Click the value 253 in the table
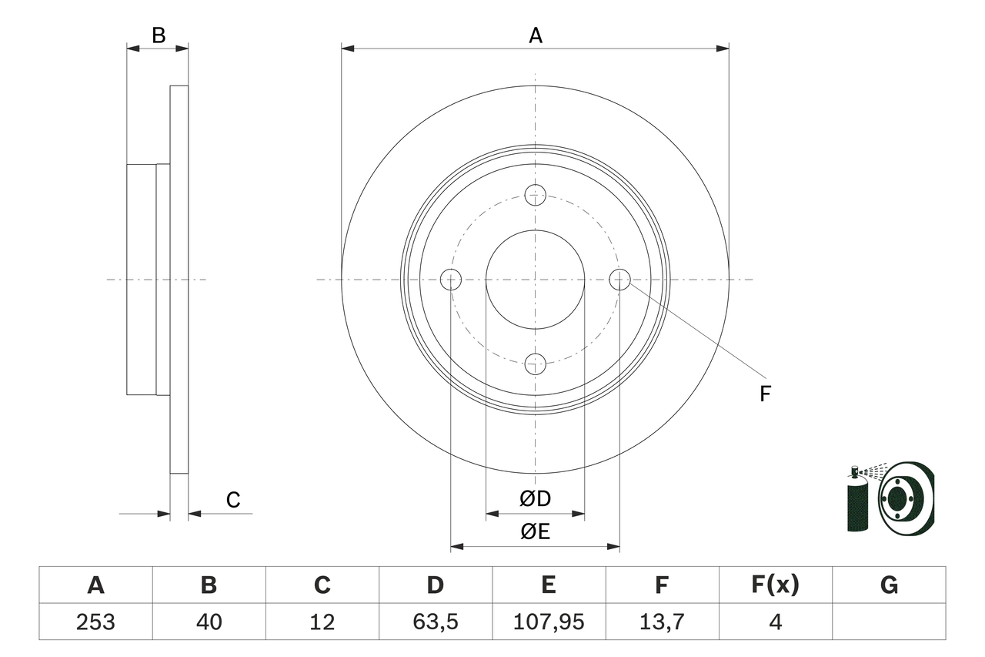(95, 622)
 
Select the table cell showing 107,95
(549, 622)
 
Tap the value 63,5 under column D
(436, 622)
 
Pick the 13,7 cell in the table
(662, 622)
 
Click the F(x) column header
(775, 585)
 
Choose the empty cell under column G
(889, 622)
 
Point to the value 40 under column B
(209, 622)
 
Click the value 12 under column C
(322, 622)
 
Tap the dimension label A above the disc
(536, 35)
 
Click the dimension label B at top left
(158, 35)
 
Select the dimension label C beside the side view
(233, 501)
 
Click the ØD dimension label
(536, 499)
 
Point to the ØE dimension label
(536, 532)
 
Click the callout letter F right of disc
(765, 394)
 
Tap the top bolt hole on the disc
(536, 195)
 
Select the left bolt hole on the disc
(451, 280)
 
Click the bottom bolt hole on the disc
(536, 364)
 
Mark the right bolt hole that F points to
(619, 279)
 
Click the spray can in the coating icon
(856, 504)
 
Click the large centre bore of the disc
(536, 280)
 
